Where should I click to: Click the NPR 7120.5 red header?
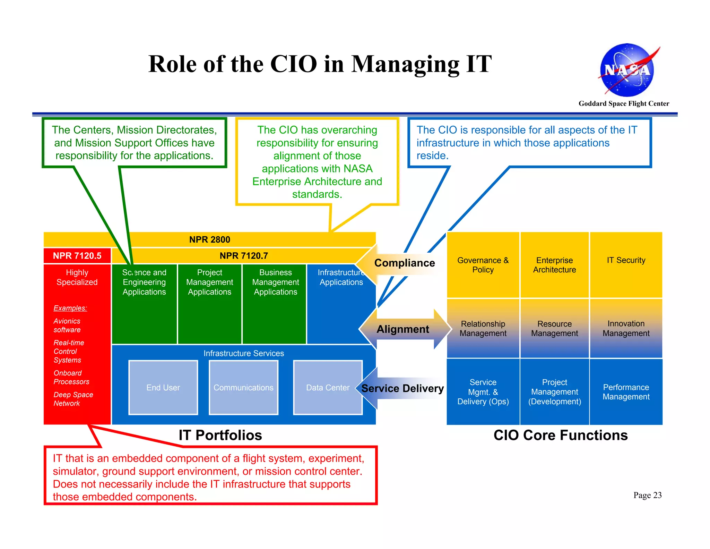coord(77,256)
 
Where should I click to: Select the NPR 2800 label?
coord(209,239)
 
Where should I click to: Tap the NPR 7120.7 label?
coord(244,256)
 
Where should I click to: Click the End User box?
coord(163,388)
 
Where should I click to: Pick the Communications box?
coord(243,388)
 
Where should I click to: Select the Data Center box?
coord(328,388)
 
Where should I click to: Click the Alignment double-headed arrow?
coord(404,329)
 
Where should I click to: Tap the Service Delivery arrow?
coord(402,388)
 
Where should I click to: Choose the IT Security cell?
coord(626,264)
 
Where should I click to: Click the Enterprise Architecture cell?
coord(554,265)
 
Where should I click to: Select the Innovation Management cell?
coord(626,328)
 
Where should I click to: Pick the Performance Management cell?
coord(626,392)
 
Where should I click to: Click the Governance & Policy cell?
coord(483,265)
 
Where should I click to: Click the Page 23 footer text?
coord(647,495)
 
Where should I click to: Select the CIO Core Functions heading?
coord(560,435)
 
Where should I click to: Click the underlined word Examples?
coord(70,308)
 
